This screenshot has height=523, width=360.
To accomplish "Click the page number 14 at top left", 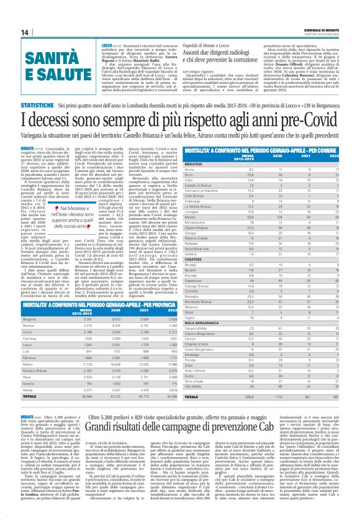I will (8, 32).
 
